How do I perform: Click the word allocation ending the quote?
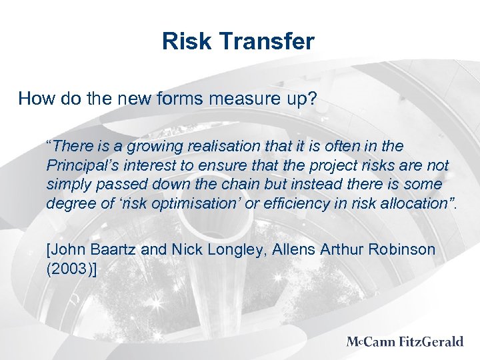[x=417, y=203]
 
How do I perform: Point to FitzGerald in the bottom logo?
[x=431, y=342]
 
